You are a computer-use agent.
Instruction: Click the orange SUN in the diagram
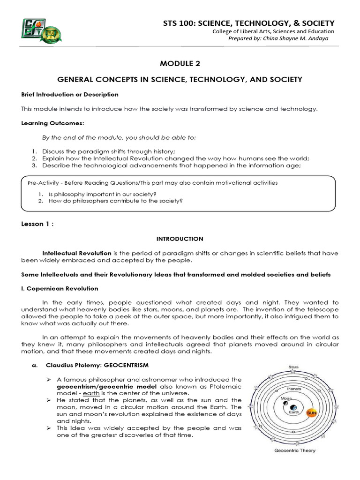312,413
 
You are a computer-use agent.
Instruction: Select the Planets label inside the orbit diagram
293,388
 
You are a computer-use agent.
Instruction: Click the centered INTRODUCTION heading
180,239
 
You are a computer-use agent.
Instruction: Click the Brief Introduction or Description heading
70,94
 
